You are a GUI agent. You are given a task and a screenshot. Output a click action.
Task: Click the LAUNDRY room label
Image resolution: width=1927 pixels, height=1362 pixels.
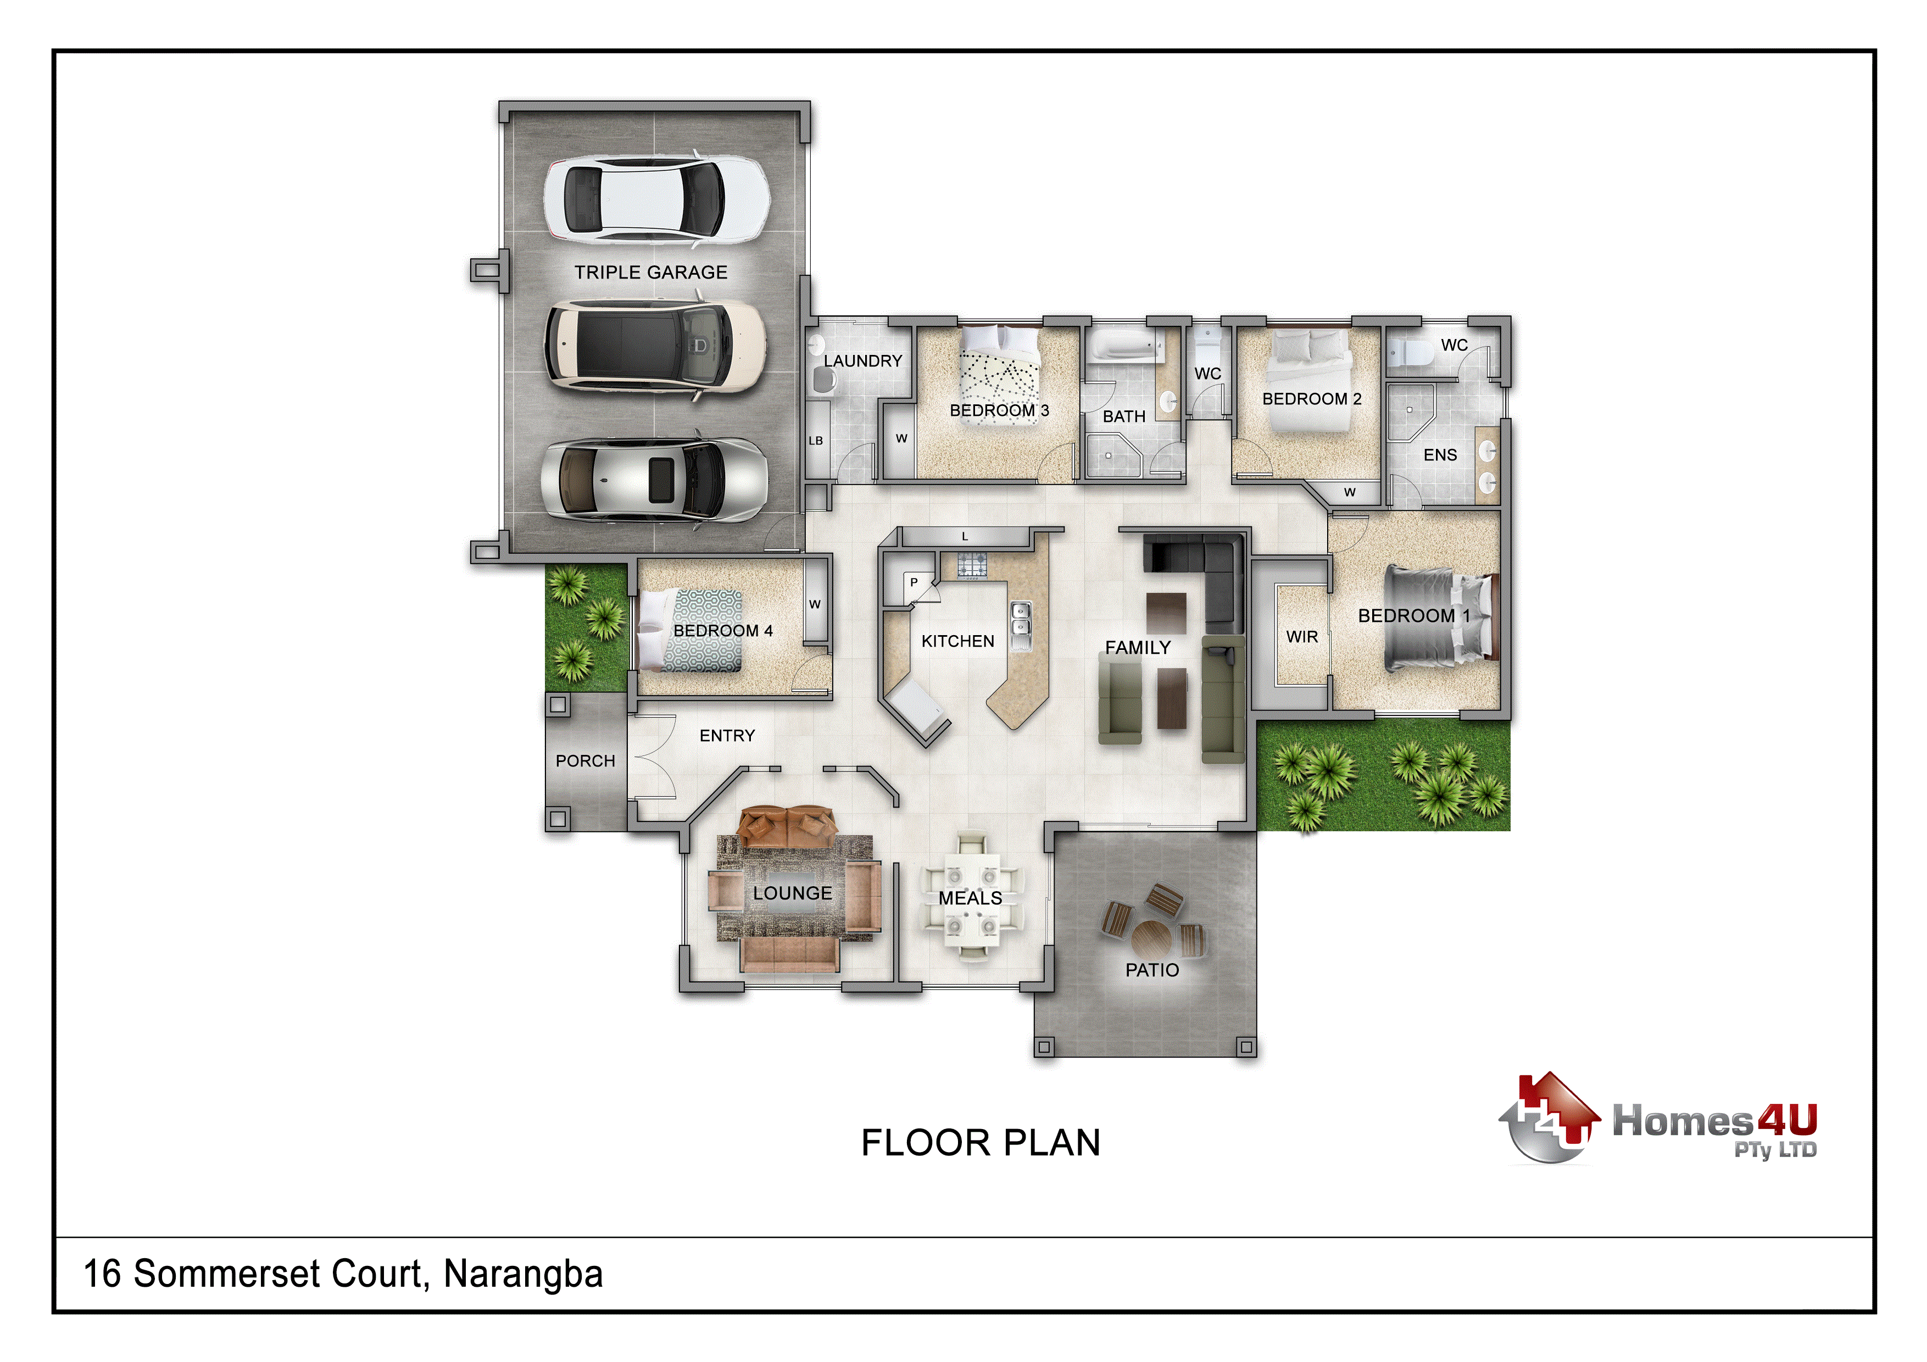click(863, 361)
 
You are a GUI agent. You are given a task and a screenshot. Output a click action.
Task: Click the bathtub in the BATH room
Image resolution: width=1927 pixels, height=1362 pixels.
click(1124, 347)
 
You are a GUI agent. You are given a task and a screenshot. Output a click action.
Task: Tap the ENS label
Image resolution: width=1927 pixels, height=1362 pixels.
click(1440, 455)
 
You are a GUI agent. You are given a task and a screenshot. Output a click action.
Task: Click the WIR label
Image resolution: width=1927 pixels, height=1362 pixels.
click(1302, 637)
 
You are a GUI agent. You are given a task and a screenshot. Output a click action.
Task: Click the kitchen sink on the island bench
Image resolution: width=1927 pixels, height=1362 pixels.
click(1021, 626)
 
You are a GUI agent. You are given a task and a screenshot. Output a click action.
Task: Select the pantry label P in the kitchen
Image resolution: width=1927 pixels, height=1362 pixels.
click(914, 582)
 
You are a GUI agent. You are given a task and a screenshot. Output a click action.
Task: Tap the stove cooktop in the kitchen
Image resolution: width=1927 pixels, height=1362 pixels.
click(972, 565)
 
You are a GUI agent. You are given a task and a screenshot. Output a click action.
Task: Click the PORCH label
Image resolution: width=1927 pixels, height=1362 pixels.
click(585, 760)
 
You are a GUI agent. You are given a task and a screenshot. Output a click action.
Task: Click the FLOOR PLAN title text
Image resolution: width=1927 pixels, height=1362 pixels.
click(981, 1142)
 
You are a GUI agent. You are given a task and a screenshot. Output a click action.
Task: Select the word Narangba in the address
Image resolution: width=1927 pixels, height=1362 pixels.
click(523, 1274)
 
